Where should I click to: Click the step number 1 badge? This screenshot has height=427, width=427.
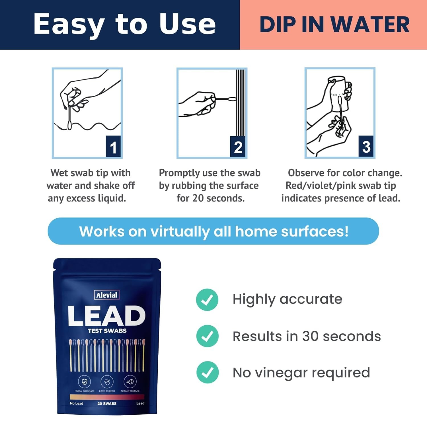click(x=113, y=146)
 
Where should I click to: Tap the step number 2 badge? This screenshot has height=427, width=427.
click(x=238, y=146)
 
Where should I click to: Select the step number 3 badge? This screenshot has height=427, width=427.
click(x=366, y=146)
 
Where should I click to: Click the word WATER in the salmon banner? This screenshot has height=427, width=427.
click(x=370, y=24)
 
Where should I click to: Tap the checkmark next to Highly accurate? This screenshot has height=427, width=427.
click(x=207, y=299)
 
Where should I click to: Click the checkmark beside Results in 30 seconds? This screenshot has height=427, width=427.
click(x=207, y=336)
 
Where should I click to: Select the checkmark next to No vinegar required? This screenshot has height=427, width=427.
click(x=207, y=372)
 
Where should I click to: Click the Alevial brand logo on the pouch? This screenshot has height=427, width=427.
click(x=107, y=295)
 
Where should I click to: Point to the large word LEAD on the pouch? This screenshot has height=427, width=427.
click(x=107, y=316)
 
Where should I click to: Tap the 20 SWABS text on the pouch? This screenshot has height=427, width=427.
click(x=107, y=403)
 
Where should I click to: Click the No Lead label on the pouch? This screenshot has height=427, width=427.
click(x=77, y=403)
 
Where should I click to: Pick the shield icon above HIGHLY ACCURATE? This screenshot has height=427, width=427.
click(x=85, y=382)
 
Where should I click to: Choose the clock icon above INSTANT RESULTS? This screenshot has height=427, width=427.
click(x=130, y=382)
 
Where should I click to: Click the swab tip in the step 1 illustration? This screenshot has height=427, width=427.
click(x=69, y=125)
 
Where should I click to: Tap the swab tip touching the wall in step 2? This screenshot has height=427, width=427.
click(x=232, y=99)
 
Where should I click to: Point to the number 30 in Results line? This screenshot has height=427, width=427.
click(x=310, y=336)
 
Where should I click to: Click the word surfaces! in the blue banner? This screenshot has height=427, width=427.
click(x=315, y=231)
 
